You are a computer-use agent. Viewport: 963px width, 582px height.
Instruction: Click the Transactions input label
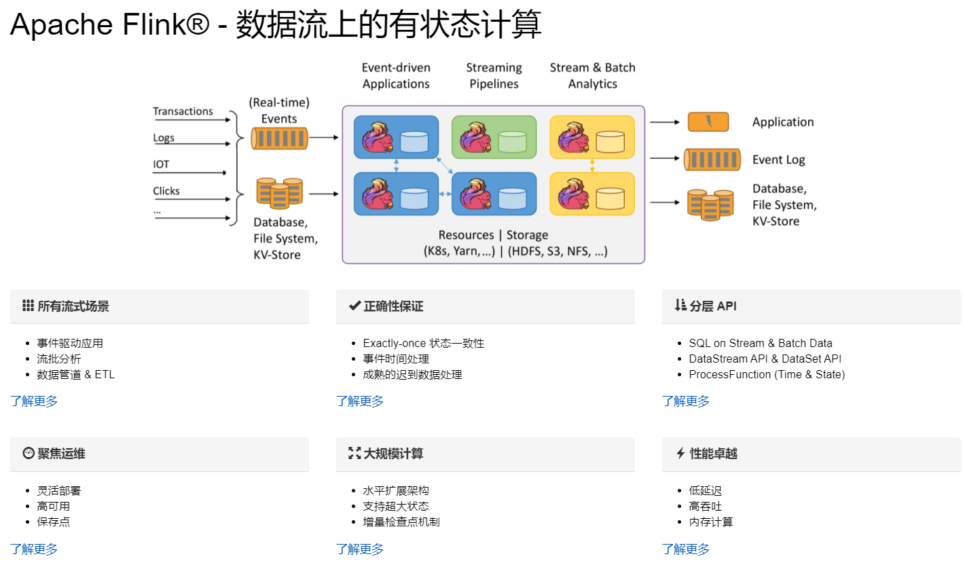point(183,111)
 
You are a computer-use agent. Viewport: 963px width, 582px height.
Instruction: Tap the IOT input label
point(161,164)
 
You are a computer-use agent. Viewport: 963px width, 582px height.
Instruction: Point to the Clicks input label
point(166,191)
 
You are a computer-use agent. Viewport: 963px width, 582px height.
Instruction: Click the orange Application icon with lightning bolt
point(708,122)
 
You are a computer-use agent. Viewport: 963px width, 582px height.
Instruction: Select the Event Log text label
point(778,160)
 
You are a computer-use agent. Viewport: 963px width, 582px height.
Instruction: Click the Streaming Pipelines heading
point(494,75)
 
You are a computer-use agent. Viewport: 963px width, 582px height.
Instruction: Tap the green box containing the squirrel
point(494,137)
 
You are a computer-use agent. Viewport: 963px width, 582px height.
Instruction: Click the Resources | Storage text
point(493,235)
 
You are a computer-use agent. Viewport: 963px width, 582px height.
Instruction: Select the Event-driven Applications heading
point(396,75)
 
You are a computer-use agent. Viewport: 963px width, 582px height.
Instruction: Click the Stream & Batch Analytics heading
point(592,75)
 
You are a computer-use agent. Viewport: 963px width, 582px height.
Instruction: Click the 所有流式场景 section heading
point(73,306)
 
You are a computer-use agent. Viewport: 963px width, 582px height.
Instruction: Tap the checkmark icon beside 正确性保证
point(355,306)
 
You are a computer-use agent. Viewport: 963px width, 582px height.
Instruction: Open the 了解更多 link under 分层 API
point(686,401)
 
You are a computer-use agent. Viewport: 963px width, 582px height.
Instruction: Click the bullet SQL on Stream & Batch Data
point(760,343)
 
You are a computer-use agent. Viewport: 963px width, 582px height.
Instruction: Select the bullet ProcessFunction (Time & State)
point(767,374)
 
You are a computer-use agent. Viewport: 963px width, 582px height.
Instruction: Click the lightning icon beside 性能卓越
point(680,453)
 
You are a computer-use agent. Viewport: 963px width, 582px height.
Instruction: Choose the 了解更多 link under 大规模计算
point(360,549)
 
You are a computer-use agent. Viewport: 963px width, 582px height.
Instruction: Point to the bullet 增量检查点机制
point(401,522)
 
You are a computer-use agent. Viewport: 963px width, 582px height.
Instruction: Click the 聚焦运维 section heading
point(61,454)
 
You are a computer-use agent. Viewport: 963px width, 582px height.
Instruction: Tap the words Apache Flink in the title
point(98,25)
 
